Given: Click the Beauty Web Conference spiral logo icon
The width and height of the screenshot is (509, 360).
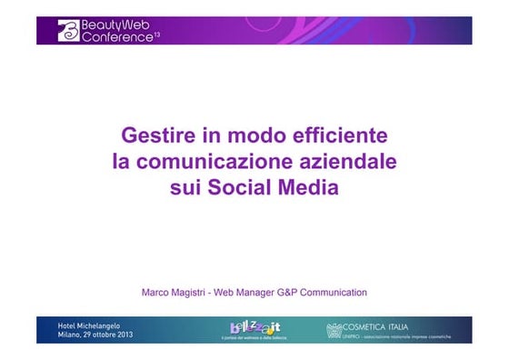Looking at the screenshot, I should pyautogui.click(x=69, y=31).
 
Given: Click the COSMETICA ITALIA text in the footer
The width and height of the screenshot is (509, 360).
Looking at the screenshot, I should pyautogui.click(x=374, y=326).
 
